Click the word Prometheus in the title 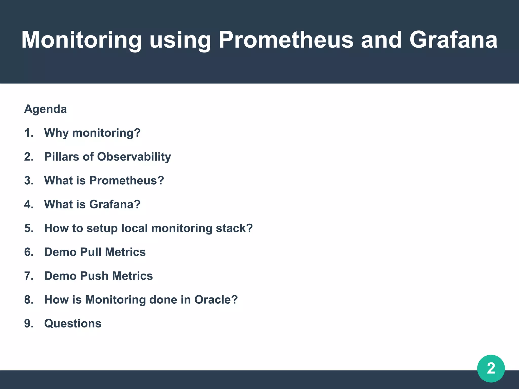tap(286, 40)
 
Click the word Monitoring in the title tap(81, 40)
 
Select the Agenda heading tap(45, 109)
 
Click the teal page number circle tap(491, 368)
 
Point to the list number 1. tap(29, 133)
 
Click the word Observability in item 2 tap(134, 157)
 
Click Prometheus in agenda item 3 tap(126, 181)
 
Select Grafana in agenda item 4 tap(115, 204)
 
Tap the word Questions tap(73, 323)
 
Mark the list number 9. tap(29, 323)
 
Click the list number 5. tap(29, 228)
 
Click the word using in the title tap(180, 40)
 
